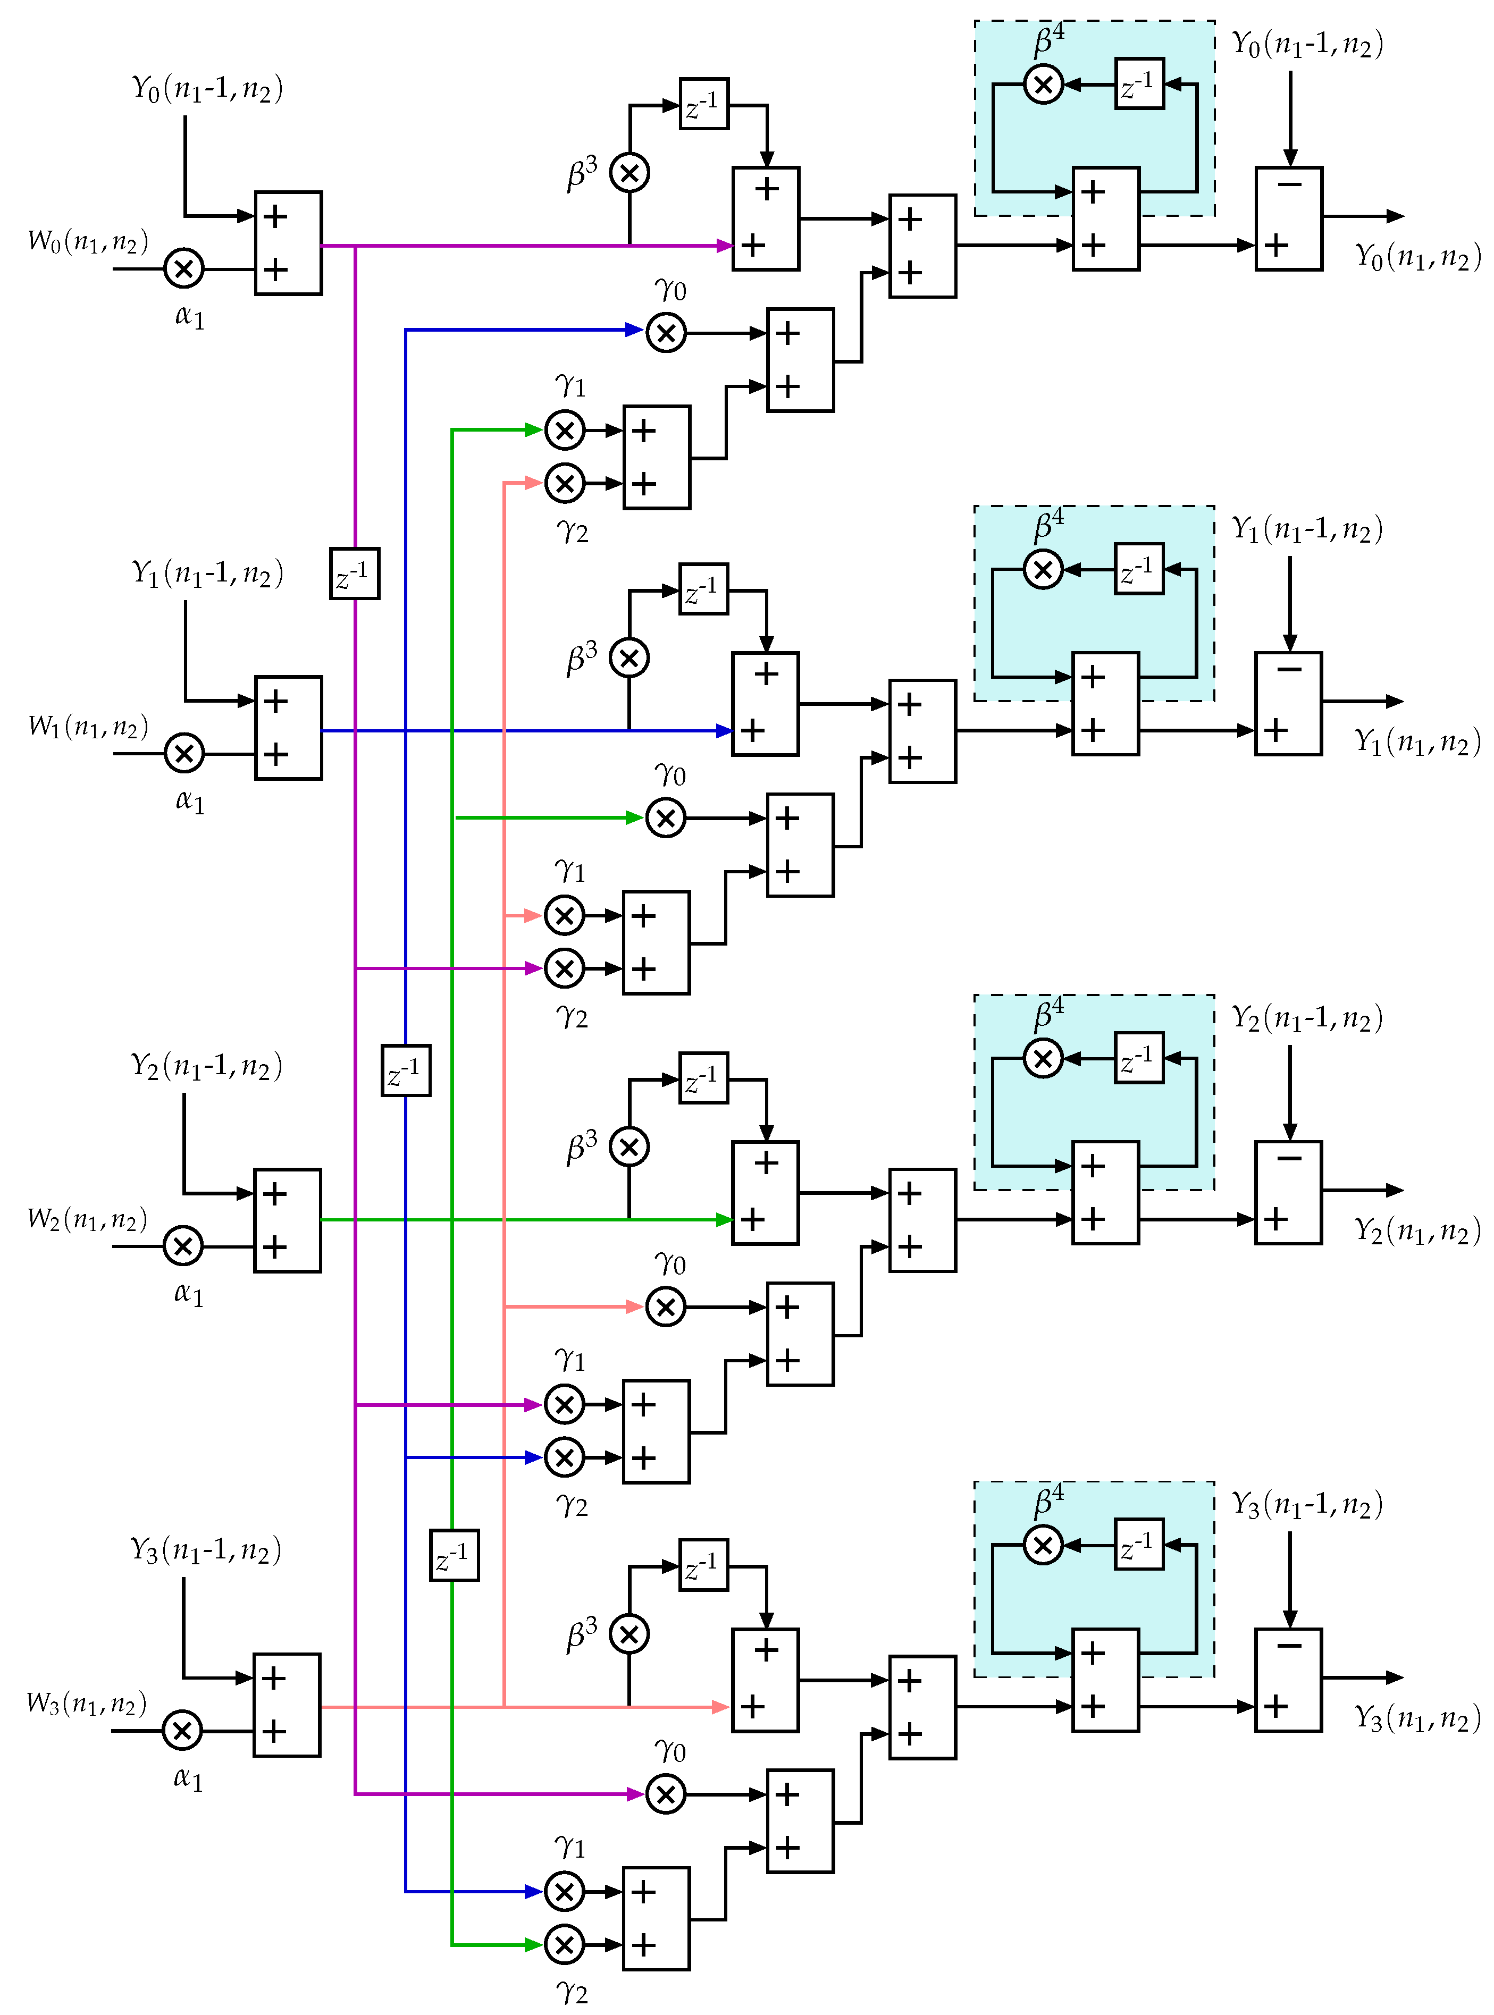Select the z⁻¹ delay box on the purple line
pyautogui.click(x=355, y=573)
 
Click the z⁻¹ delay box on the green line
pyautogui.click(x=454, y=1555)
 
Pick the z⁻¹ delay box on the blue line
pyautogui.click(x=405, y=1070)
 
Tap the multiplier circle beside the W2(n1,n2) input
pyautogui.click(x=183, y=1246)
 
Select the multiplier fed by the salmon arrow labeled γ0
pyautogui.click(x=666, y=1306)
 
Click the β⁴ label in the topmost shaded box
pyautogui.click(x=1049, y=41)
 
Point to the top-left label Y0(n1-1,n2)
pyautogui.click(x=207, y=89)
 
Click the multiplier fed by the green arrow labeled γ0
pyautogui.click(x=666, y=818)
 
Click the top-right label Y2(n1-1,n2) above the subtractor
pyautogui.click(x=1307, y=1019)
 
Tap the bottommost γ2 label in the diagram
pyautogui.click(x=572, y=1992)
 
